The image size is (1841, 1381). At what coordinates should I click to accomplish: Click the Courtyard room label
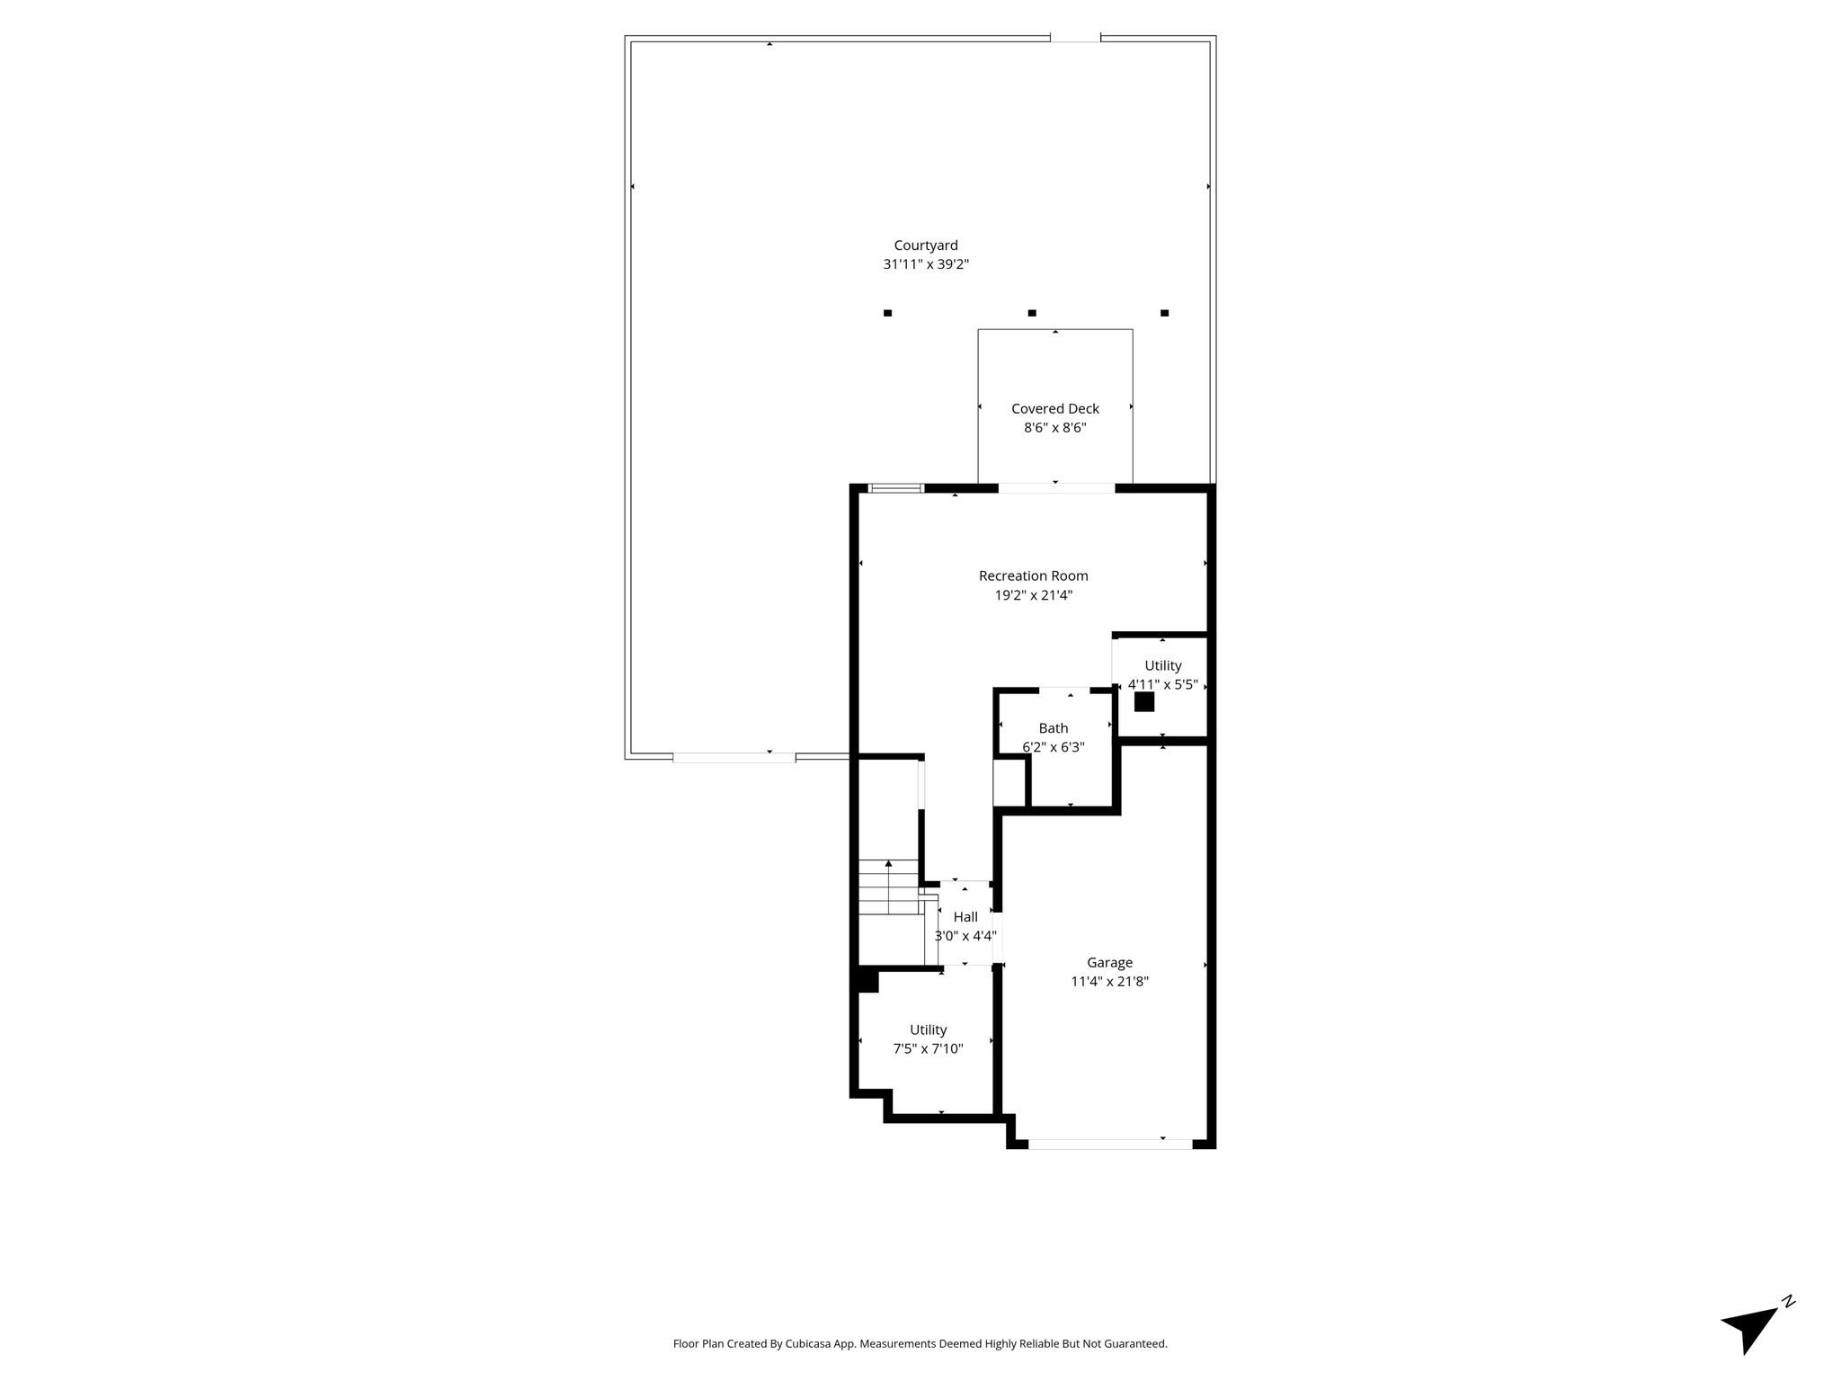[926, 245]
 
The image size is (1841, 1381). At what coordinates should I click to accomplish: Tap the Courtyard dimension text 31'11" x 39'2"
[926, 264]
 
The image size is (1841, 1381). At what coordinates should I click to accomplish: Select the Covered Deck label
[1055, 408]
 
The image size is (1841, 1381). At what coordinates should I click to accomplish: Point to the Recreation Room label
[1034, 575]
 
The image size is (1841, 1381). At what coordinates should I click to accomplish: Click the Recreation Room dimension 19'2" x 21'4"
[1034, 595]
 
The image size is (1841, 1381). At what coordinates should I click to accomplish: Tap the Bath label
[1054, 728]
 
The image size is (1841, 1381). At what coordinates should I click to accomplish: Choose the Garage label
[1110, 962]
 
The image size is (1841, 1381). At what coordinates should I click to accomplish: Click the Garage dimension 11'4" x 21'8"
[1110, 982]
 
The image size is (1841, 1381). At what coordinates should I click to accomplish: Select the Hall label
[965, 917]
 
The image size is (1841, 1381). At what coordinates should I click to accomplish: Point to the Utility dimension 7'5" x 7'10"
[928, 1049]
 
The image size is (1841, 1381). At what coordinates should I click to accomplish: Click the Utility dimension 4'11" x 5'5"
[1163, 684]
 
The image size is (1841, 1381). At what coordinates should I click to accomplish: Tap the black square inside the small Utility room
[1144, 702]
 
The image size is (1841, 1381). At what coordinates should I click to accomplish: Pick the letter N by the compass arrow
[1789, 1326]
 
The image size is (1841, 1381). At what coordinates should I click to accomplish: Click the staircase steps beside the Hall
[889, 887]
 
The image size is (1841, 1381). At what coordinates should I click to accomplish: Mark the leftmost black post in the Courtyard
[887, 313]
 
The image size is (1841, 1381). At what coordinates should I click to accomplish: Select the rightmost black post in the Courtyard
[1164, 313]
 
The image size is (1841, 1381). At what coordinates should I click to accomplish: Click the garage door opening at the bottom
[1110, 1145]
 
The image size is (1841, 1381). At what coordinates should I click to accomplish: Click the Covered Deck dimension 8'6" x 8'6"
[1055, 428]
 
